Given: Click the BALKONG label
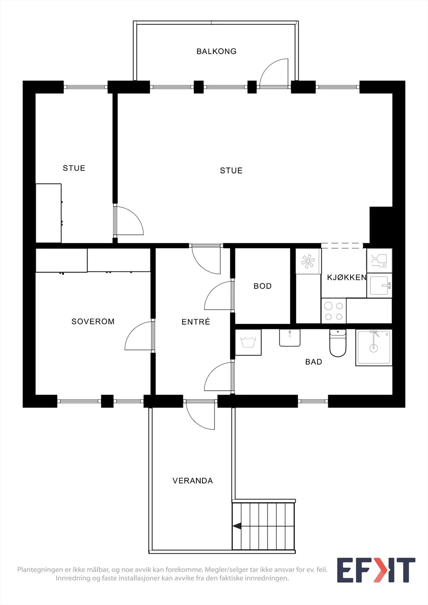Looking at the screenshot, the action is click(x=216, y=51).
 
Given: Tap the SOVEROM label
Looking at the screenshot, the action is click(x=93, y=321).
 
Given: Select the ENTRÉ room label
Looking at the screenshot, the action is click(x=196, y=321).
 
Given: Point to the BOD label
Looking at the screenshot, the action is click(x=263, y=286).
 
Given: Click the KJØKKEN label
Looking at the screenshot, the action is click(x=347, y=278).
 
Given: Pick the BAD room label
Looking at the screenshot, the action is click(x=314, y=362).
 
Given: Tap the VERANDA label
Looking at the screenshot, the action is click(x=193, y=481).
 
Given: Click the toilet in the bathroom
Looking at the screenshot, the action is click(x=338, y=343).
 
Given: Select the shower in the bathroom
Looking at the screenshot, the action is click(x=374, y=347).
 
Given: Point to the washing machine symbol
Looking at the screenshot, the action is click(x=248, y=342).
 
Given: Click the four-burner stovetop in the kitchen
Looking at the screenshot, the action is click(x=334, y=311).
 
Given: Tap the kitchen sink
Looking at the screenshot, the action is click(x=379, y=285).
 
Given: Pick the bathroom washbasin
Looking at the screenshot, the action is click(x=289, y=338).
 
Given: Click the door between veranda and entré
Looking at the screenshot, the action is click(x=200, y=415).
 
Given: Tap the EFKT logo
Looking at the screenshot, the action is click(x=376, y=570).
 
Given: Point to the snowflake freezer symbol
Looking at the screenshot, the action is click(x=308, y=261).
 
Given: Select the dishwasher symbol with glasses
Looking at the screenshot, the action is click(x=379, y=261).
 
